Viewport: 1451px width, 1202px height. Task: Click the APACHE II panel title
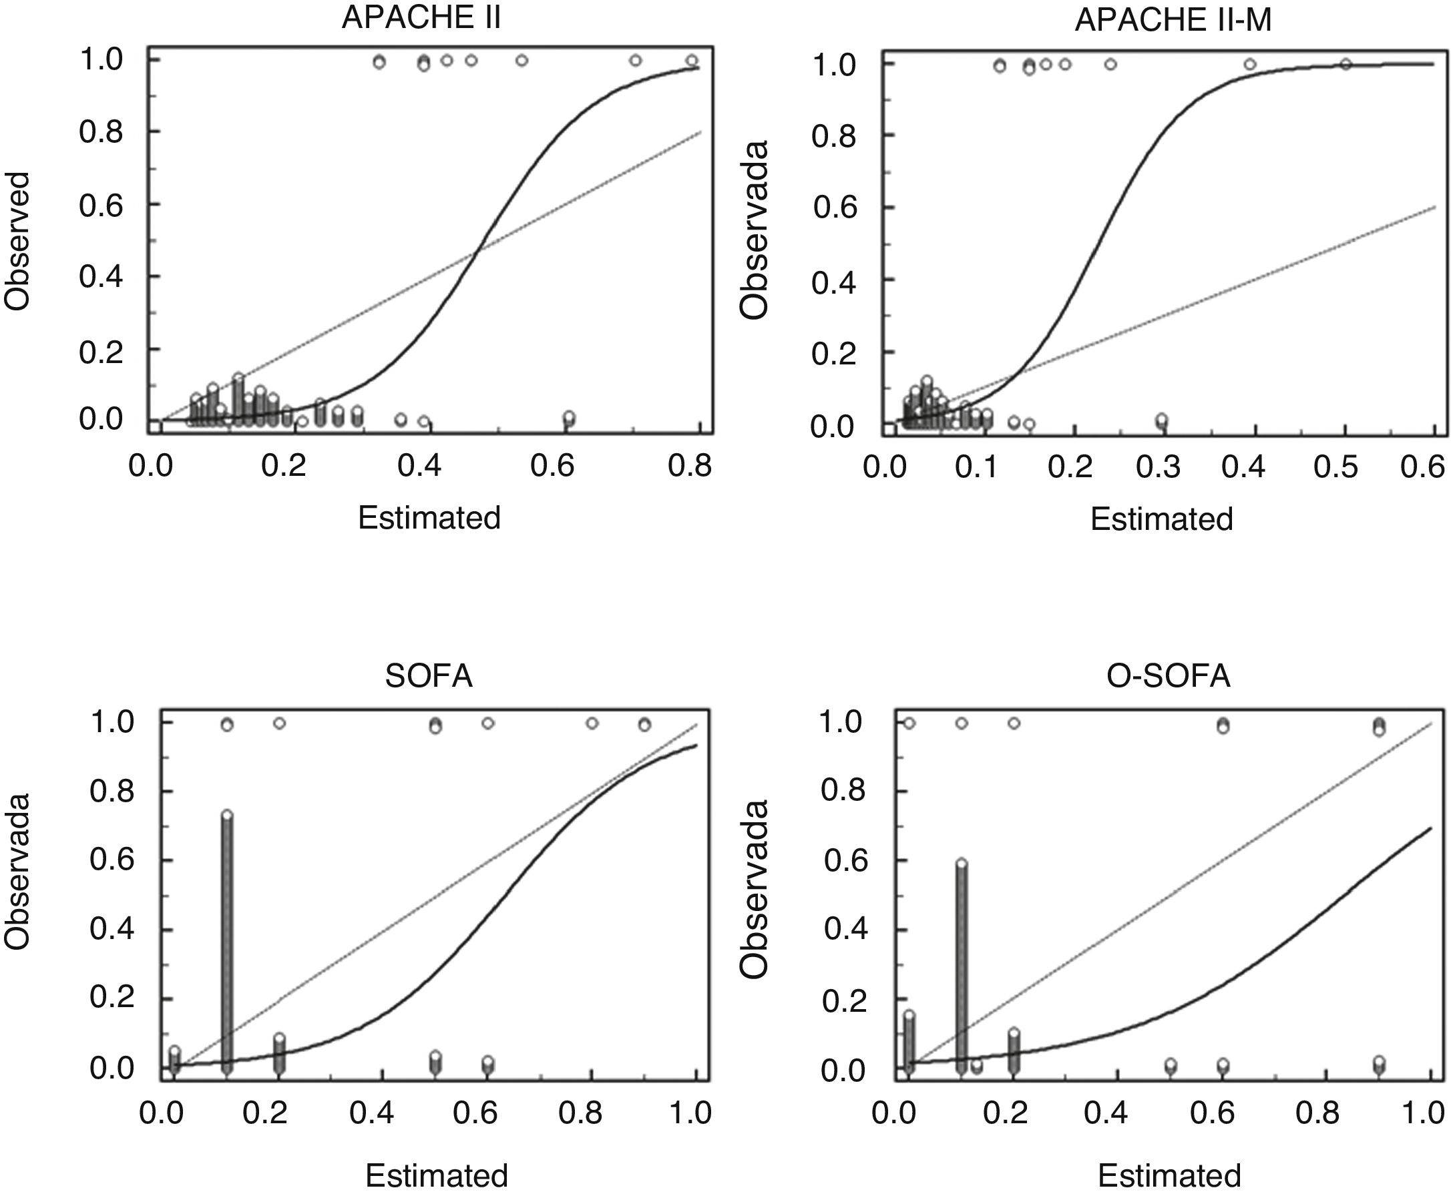(421, 19)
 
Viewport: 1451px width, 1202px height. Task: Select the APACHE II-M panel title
(1173, 21)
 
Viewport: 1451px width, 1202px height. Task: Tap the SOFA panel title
(429, 675)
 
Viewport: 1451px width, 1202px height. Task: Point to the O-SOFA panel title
(1169, 675)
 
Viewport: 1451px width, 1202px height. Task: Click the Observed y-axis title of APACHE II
(17, 241)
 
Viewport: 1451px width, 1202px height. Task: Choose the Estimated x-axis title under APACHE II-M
(1161, 519)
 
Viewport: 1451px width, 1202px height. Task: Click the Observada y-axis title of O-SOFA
(754, 889)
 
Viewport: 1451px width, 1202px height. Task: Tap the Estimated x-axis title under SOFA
(436, 1175)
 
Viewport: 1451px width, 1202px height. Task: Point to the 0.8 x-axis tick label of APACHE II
(690, 467)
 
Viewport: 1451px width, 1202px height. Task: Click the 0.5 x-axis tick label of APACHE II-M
(1335, 468)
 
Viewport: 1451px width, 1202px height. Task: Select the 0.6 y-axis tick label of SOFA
(112, 860)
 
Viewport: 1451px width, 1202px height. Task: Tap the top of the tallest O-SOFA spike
(961, 864)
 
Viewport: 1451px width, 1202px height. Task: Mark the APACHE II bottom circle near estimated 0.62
(569, 416)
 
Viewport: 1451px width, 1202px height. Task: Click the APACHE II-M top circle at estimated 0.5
(1345, 64)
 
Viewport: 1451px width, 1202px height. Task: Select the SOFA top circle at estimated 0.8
(592, 723)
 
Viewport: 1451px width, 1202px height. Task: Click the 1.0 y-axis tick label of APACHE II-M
(834, 65)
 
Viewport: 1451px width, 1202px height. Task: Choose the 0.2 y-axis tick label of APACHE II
(101, 352)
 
